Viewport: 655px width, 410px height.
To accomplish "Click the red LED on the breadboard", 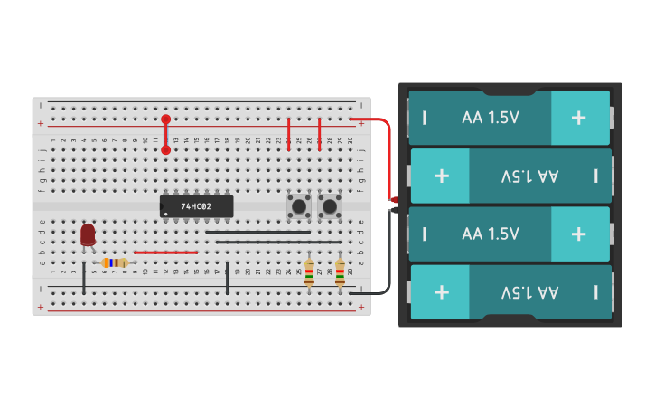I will tap(88, 234).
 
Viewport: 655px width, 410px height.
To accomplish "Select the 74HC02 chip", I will tap(196, 206).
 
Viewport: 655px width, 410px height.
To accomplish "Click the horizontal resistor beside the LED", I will tap(114, 262).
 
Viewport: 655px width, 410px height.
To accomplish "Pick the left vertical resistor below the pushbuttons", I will tap(309, 272).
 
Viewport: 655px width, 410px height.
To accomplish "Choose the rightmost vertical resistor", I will tap(340, 272).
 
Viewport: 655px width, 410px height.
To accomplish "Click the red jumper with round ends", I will tap(165, 134).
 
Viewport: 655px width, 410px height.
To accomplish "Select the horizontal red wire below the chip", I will tap(165, 253).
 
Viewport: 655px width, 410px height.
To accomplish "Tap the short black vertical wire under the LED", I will tap(84, 278).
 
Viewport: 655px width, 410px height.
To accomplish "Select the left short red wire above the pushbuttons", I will tap(288, 134).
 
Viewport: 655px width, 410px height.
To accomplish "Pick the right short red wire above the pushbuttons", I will tap(319, 134).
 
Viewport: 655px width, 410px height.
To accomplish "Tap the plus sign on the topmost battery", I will tap(578, 118).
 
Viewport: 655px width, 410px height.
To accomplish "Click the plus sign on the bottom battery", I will tap(442, 291).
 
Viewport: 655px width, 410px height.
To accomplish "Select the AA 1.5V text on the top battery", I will tap(491, 118).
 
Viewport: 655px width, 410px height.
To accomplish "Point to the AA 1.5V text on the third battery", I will tap(491, 234).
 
